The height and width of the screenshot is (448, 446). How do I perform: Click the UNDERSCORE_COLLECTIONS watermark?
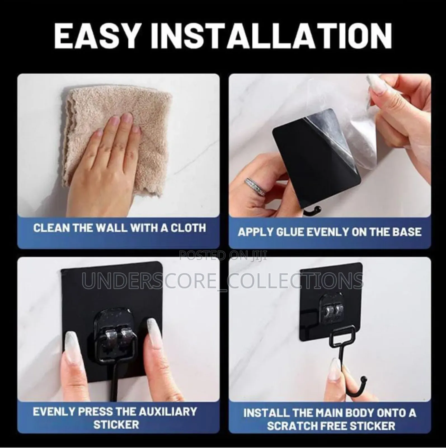click(223, 281)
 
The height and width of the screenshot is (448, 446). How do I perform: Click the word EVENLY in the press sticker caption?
click(53, 412)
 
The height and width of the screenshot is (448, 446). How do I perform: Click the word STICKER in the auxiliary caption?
click(116, 425)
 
